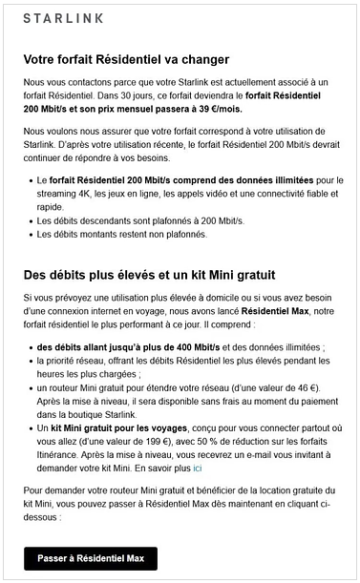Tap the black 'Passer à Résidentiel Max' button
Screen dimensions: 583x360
click(91, 558)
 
